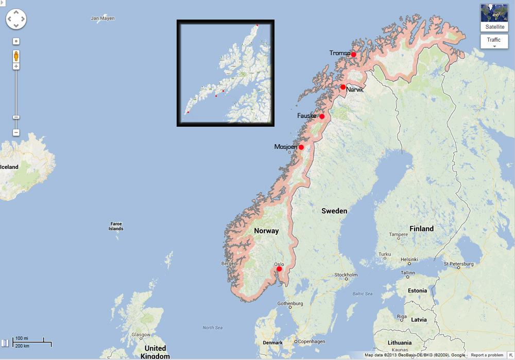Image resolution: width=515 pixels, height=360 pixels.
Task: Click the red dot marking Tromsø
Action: pos(354,55)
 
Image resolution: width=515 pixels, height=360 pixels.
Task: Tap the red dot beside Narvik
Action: pos(343,87)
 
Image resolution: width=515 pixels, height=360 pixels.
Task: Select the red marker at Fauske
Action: pos(322,116)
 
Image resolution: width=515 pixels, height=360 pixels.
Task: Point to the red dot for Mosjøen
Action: pos(301,147)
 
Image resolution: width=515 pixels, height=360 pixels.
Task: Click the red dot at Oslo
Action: pos(279,269)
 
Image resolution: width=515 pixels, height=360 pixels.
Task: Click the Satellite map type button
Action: pos(494,18)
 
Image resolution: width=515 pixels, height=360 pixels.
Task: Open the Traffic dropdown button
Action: pos(494,41)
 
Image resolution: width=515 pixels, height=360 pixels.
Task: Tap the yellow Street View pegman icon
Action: pos(16,56)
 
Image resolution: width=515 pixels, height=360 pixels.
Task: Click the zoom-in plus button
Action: pos(16,66)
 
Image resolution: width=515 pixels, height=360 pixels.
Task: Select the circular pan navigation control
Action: pos(16,19)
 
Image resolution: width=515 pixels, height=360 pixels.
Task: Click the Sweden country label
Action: pos(334,211)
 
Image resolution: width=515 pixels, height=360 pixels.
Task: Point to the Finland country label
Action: pos(421,229)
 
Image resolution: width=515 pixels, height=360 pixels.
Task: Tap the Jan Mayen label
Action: pos(102,19)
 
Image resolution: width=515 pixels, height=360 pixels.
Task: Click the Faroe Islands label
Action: pos(116,226)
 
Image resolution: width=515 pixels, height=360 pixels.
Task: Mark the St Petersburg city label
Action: pos(461,264)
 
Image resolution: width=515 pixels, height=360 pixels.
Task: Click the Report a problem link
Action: pos(487,355)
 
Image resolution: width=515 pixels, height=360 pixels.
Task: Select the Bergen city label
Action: pos(229,264)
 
